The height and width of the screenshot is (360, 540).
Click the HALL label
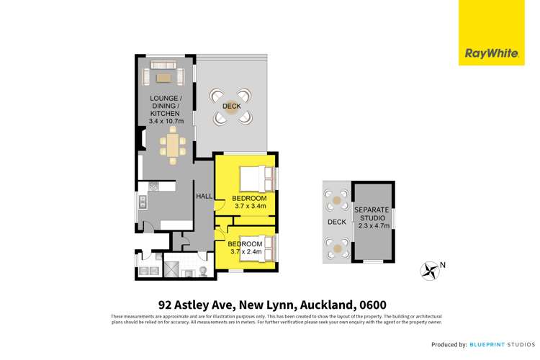[204, 195]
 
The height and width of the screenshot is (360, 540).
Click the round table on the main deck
[232, 105]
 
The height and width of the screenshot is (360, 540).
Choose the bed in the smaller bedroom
[255, 247]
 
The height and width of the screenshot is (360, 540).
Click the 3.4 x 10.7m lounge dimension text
[166, 121]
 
